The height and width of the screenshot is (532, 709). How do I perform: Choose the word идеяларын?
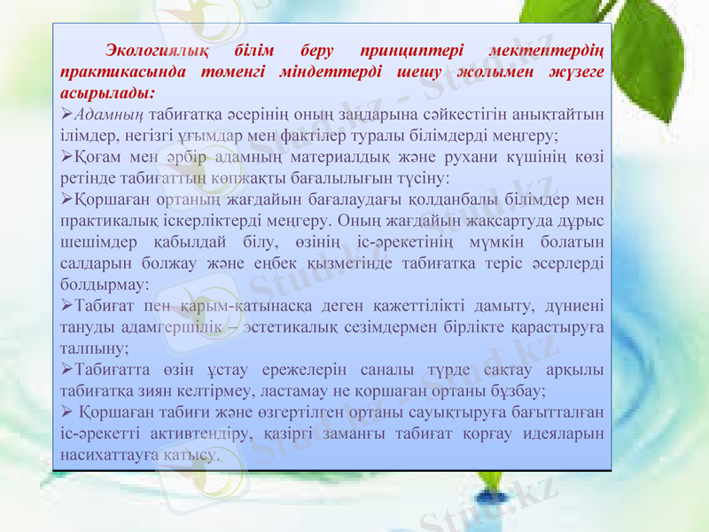(565, 434)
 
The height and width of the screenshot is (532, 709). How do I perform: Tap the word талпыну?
(92, 348)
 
